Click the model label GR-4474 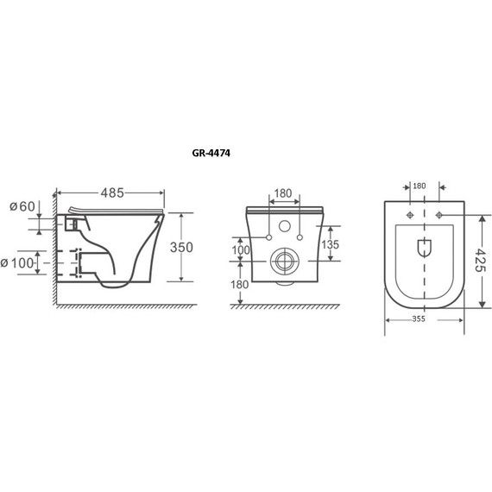211,153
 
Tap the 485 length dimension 112,193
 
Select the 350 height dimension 181,247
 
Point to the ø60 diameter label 22,206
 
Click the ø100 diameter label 16,263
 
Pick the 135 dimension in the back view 331,244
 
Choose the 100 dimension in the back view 241,250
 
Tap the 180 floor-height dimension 240,285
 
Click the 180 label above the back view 283,193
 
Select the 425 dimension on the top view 479,260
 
